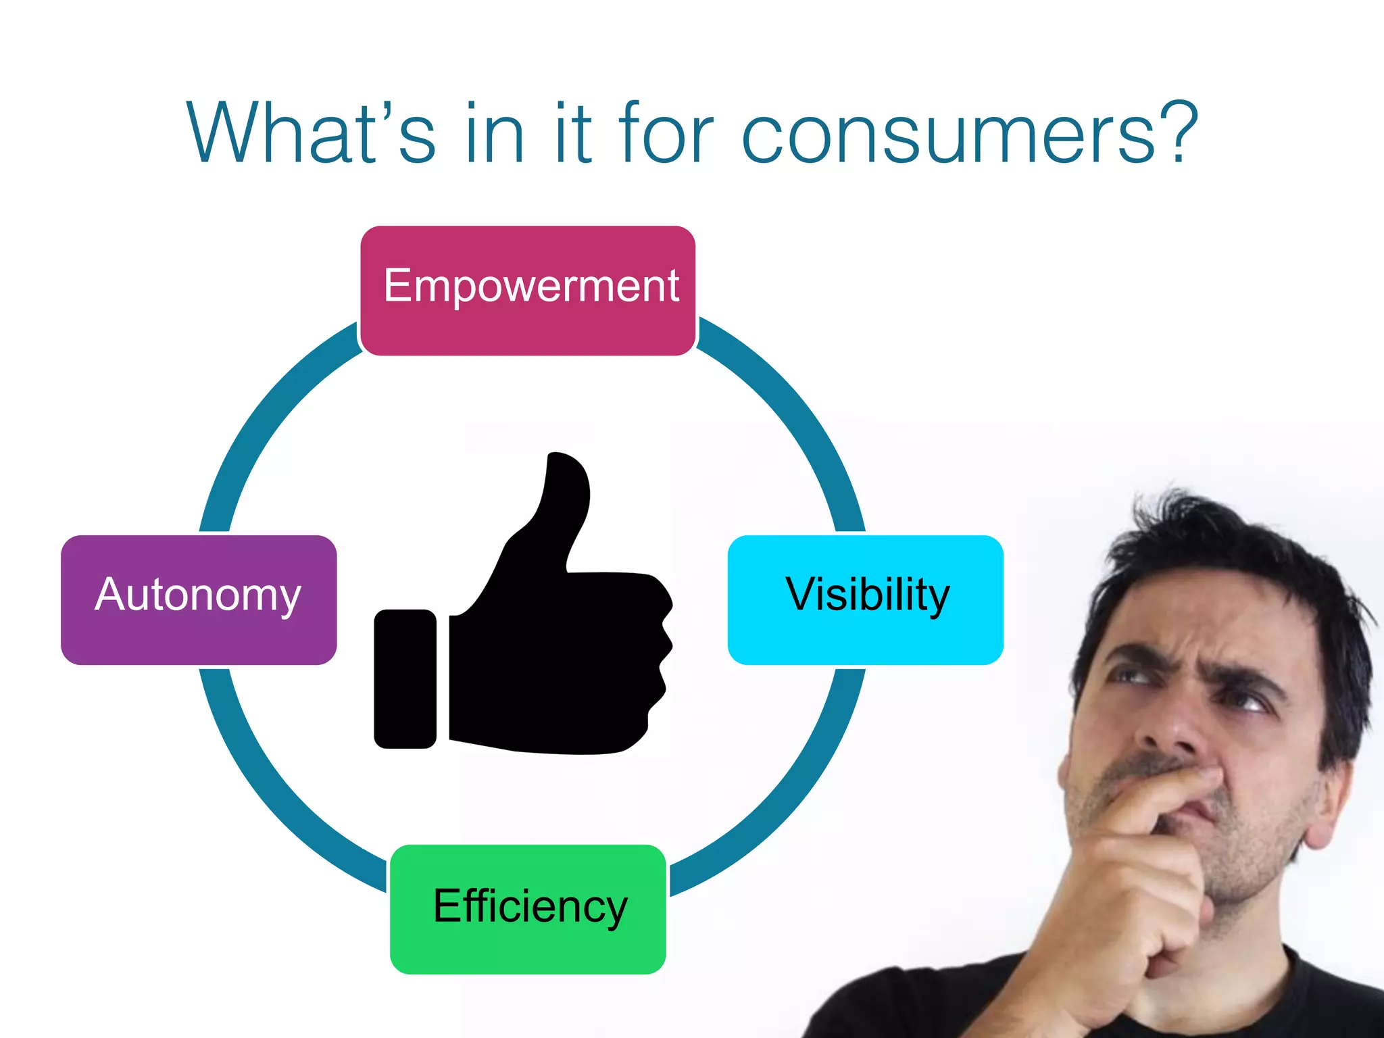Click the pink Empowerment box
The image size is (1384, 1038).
click(528, 291)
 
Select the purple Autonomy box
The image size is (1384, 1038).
click(199, 599)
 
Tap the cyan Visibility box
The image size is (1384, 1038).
click(865, 599)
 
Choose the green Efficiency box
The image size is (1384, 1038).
click(528, 909)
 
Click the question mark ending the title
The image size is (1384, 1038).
click(1179, 132)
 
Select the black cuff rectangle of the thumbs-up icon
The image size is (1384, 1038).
click(405, 678)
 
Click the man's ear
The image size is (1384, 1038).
click(1335, 797)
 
